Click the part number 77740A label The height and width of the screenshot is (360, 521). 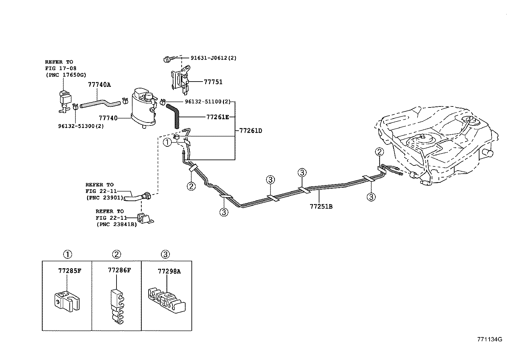tap(99, 85)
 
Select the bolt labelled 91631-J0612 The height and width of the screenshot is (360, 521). tap(167, 59)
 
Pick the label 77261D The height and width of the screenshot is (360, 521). tap(250, 131)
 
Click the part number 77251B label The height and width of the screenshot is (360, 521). tap(321, 206)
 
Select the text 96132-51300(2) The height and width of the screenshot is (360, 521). tap(81, 126)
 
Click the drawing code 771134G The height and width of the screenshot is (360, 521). tap(489, 339)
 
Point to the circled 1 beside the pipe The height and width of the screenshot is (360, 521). tap(167, 142)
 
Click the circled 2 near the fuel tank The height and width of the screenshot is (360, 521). tap(379, 152)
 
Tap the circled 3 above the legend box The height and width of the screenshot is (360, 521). tap(166, 254)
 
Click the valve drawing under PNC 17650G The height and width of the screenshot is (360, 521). tap(65, 99)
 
